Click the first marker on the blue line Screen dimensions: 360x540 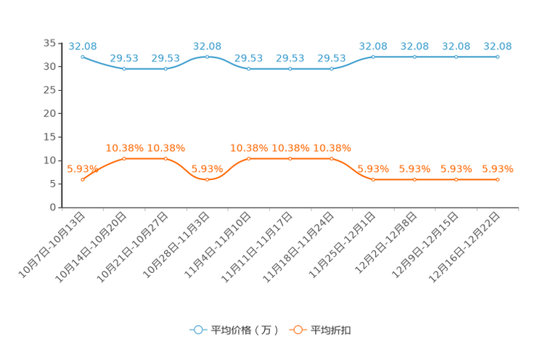point(83,57)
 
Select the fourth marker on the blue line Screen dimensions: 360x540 point(208,57)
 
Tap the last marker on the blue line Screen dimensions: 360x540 point(497,57)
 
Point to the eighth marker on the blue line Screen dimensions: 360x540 point(373,57)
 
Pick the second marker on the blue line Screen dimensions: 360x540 point(125,69)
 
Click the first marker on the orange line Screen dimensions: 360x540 point(83,179)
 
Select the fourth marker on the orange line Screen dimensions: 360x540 point(208,179)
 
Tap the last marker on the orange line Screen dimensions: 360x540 point(497,179)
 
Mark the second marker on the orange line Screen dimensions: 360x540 point(125,158)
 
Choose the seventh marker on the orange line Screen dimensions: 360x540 point(332,158)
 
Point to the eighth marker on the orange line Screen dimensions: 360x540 point(373,179)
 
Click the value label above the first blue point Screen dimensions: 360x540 point(83,46)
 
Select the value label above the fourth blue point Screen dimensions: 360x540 point(208,46)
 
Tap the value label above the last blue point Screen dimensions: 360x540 point(497,46)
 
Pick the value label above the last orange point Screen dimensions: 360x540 point(497,168)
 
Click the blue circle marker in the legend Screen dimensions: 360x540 point(197,330)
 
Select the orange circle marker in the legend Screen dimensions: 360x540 point(297,330)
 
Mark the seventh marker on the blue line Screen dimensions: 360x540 point(332,69)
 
